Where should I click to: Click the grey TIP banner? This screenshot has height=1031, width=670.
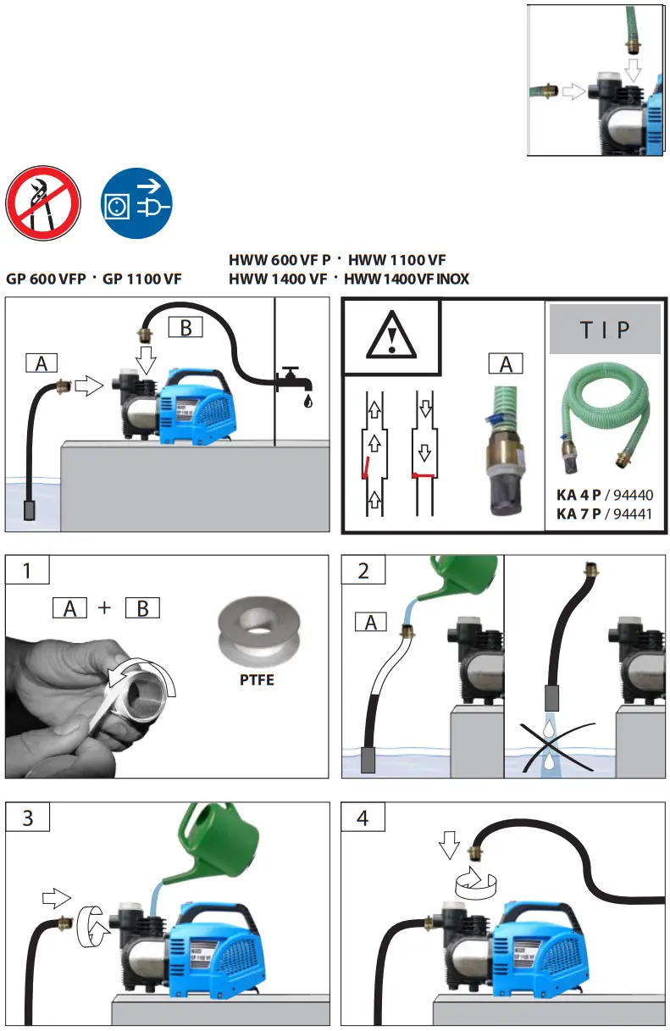coord(605,330)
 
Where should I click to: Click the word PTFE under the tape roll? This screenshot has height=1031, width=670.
coord(256,679)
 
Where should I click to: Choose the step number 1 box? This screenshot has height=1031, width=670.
coord(27,572)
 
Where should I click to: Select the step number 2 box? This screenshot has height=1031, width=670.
coord(363,572)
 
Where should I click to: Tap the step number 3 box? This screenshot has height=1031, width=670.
coord(27,818)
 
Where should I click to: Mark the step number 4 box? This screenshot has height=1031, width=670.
coord(363,818)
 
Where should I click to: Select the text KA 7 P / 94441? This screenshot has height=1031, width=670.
coord(605,513)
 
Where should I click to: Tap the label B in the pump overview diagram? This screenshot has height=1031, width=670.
coord(185,327)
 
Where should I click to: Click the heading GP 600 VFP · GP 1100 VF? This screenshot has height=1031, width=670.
coord(93,279)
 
